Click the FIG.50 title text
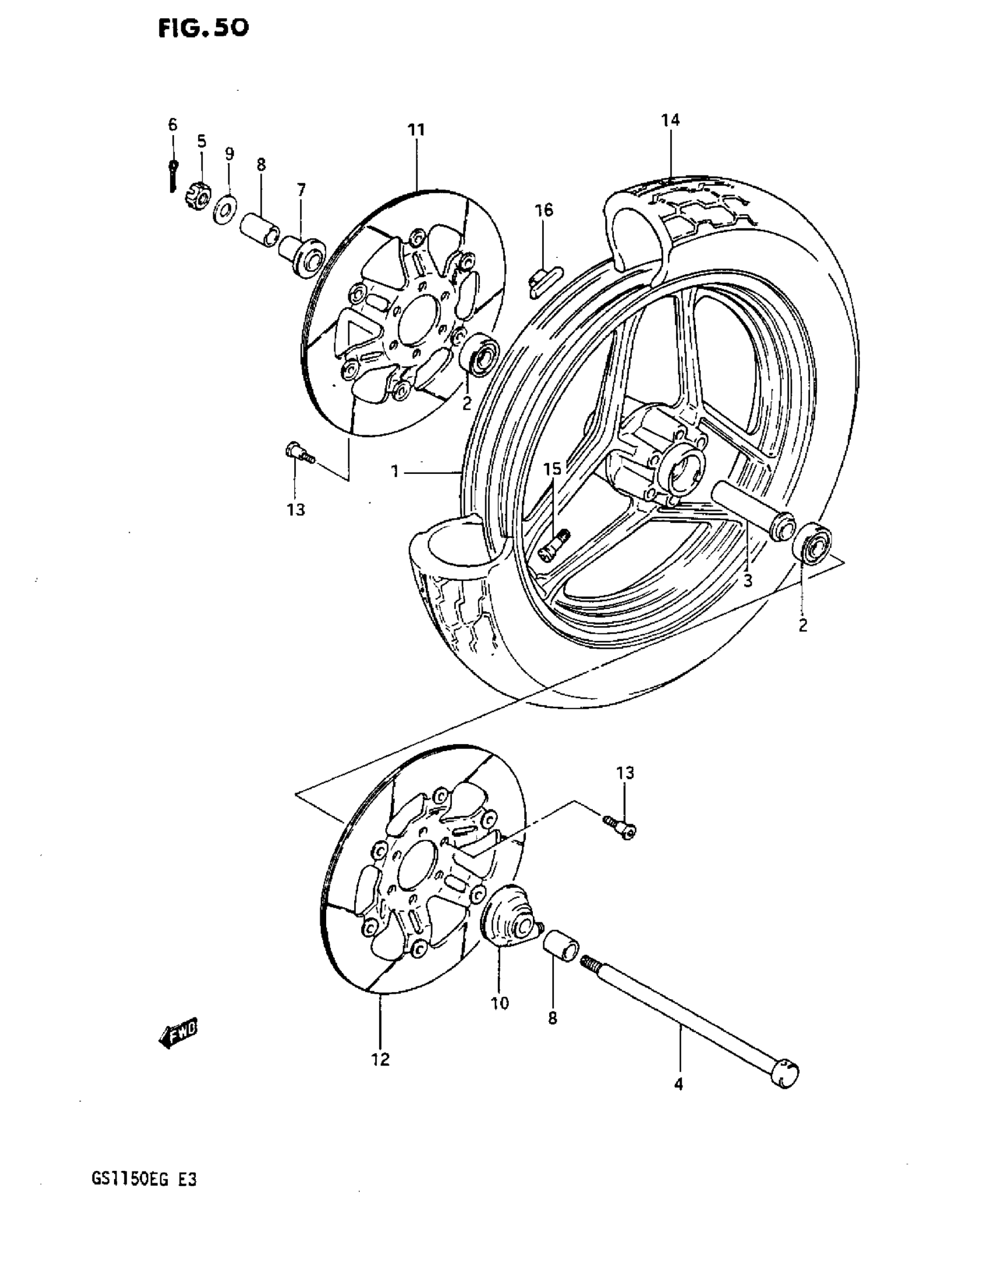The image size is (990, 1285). click(203, 27)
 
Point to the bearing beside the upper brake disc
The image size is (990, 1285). click(480, 354)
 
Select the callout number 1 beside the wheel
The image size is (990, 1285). click(395, 470)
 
